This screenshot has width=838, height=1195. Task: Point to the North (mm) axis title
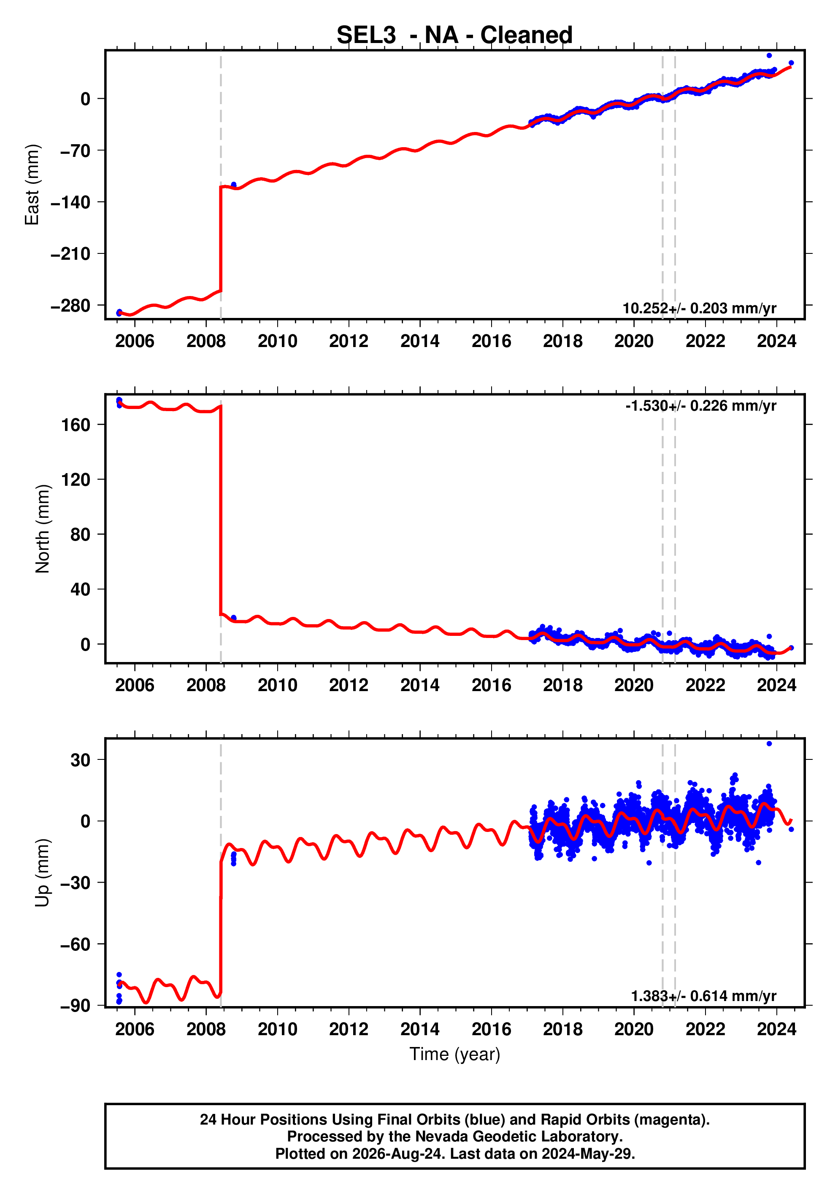[x=42, y=529]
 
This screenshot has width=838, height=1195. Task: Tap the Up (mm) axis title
[x=42, y=873]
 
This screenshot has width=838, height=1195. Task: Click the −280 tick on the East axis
[x=70, y=306]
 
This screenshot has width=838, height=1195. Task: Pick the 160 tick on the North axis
[x=76, y=425]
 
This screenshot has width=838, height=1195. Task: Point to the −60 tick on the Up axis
[x=75, y=944]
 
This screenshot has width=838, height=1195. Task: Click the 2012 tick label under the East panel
[x=349, y=342]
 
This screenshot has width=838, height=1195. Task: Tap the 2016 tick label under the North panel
[x=491, y=686]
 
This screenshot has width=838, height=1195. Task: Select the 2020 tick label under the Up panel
[x=634, y=1029]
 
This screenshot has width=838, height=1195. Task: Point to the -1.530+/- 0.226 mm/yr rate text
[x=701, y=406]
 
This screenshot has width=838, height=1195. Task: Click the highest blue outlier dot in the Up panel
[x=769, y=744]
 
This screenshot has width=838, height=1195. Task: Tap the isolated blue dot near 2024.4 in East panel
[x=791, y=63]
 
